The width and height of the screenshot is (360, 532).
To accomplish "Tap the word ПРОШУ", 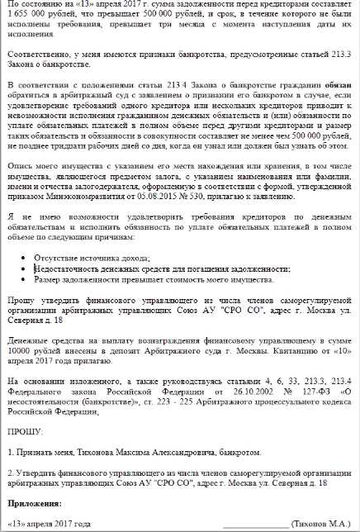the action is click(23, 431).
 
